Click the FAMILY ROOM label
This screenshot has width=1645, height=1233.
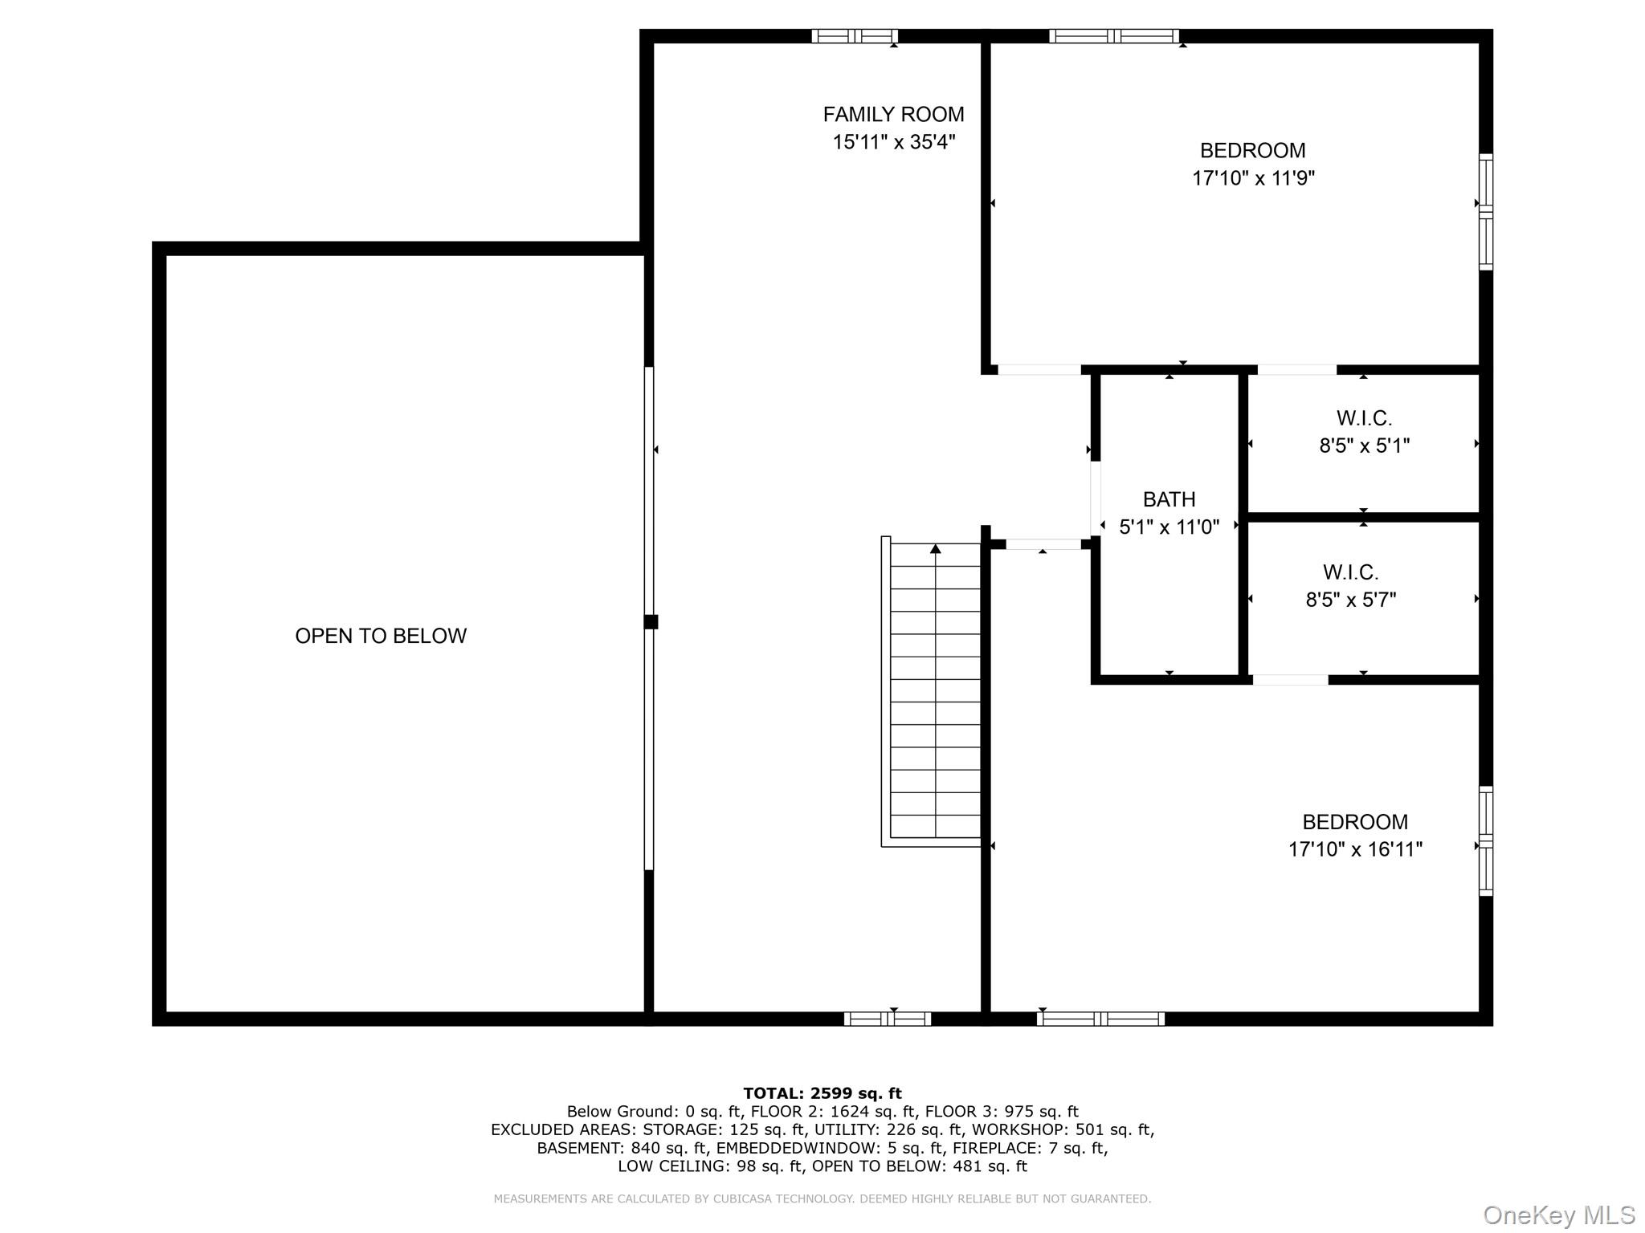tap(893, 114)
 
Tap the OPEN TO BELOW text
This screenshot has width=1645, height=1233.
tap(380, 636)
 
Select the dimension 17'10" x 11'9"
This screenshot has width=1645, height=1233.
tap(1252, 178)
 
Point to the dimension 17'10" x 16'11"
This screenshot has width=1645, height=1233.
tap(1355, 849)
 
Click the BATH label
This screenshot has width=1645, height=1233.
tap(1169, 499)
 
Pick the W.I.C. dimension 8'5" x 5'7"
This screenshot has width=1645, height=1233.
tap(1350, 600)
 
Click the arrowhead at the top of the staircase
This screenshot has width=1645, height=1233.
tap(935, 549)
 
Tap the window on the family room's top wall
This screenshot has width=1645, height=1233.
tap(854, 36)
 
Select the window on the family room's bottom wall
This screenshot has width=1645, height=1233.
tap(887, 1019)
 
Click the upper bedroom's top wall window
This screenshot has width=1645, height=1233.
tap(1113, 36)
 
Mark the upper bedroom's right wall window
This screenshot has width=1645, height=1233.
tap(1486, 212)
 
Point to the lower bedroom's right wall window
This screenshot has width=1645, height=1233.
tap(1486, 840)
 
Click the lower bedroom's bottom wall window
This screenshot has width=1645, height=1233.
tap(1100, 1019)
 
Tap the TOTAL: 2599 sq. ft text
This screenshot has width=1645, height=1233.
tap(822, 1093)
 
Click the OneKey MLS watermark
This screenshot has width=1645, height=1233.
tap(1558, 1215)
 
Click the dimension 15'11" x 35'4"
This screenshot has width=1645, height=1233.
tap(893, 142)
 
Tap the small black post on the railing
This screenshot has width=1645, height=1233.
tap(651, 621)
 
